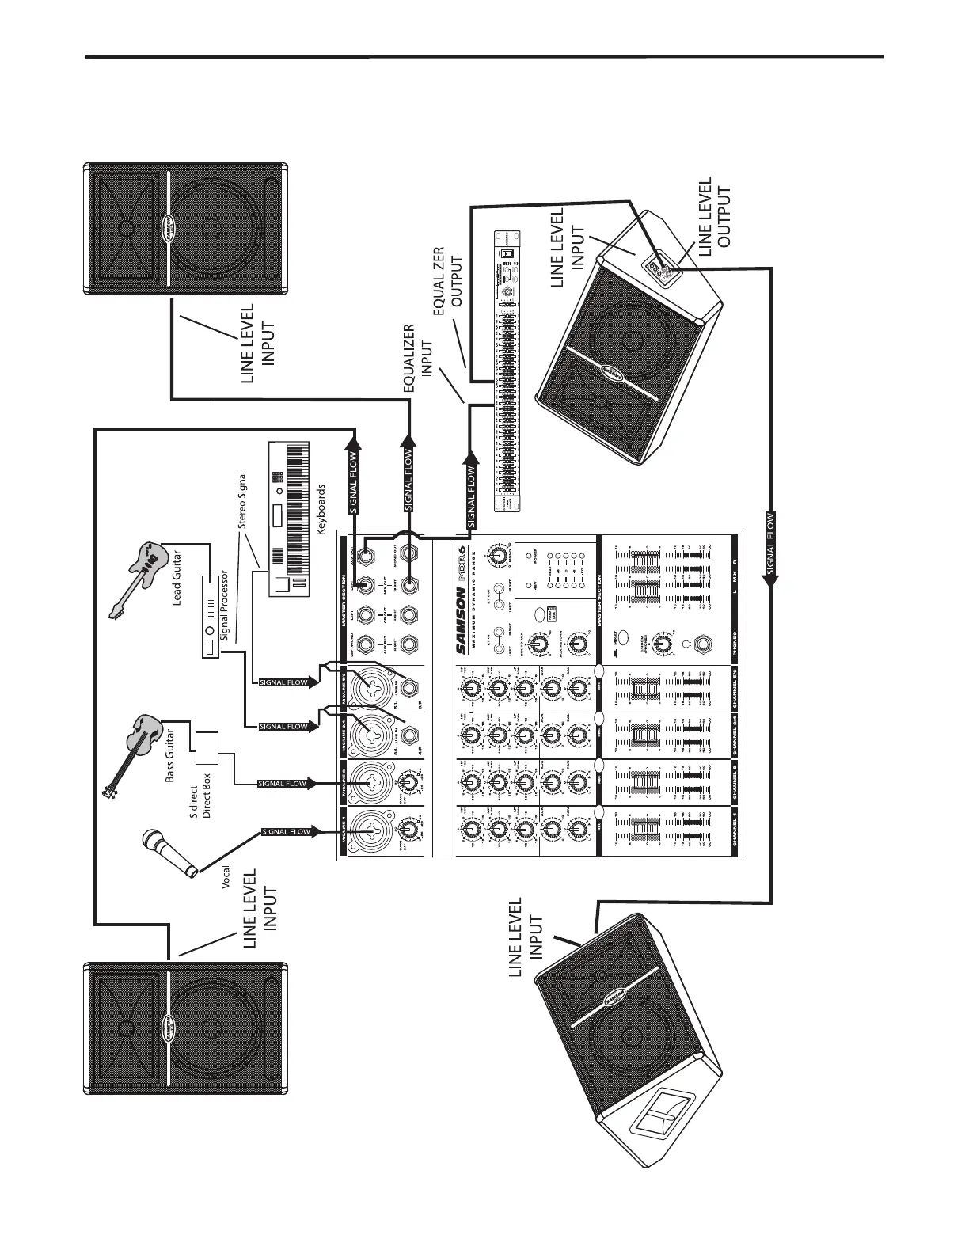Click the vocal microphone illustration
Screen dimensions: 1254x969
168,853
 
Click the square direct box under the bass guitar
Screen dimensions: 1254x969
206,744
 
